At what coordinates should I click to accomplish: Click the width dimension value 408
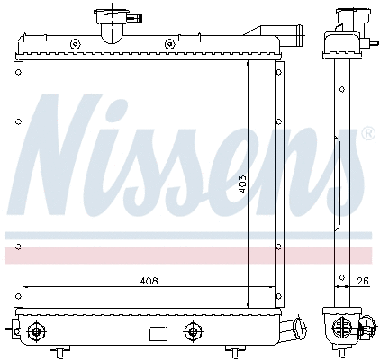click(149, 281)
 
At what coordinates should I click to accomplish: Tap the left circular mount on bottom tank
click(36, 330)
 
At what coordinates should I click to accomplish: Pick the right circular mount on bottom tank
click(191, 330)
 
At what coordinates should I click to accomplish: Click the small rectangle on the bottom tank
click(158, 333)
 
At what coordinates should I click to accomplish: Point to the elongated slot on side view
click(337, 148)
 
